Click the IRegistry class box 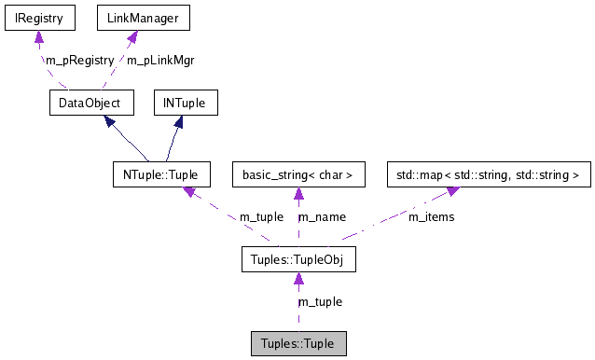click(38, 17)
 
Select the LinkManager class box click(131, 17)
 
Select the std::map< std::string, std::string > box click(488, 174)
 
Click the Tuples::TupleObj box click(298, 258)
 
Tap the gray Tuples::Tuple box click(298, 342)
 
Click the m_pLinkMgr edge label click(159, 60)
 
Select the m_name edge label click(322, 216)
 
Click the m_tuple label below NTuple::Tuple click(262, 216)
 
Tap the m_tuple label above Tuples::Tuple click(320, 301)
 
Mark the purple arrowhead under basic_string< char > click(298, 194)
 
